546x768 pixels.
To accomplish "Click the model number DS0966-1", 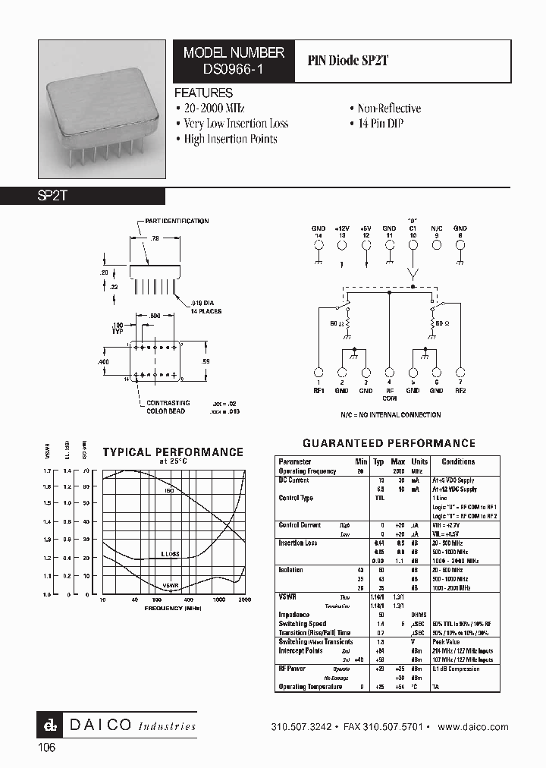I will coord(234,68).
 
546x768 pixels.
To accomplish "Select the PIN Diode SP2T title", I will coord(348,61).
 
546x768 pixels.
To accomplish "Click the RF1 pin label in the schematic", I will coord(318,391).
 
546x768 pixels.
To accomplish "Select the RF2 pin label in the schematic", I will coord(460,391).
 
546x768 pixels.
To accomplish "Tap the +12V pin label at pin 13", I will coord(342,228).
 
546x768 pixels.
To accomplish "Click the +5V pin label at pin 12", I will coord(366,228).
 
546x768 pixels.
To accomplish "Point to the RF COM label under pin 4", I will coord(389,395).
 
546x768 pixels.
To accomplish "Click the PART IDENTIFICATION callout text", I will coord(177,221).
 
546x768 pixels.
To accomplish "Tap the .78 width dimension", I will coord(155,238).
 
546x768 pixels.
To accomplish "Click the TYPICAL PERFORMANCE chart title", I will coord(173,452).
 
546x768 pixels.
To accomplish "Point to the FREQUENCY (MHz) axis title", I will coord(172,609).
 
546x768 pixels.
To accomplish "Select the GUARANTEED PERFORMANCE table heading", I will coord(388,443).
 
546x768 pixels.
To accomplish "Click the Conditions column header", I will coord(458,461).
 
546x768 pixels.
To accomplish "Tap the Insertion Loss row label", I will coord(298,543).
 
